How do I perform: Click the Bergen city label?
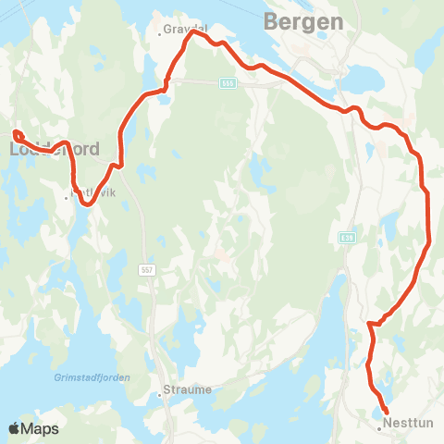tap(303, 21)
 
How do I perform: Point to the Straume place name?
tap(187, 389)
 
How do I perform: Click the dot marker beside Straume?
tap(160, 393)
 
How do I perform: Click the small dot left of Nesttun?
tap(380, 427)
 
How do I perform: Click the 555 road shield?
tap(227, 84)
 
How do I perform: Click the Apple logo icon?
tap(14, 428)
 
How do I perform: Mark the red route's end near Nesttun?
tap(385, 412)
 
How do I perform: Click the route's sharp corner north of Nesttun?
tap(369, 324)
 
